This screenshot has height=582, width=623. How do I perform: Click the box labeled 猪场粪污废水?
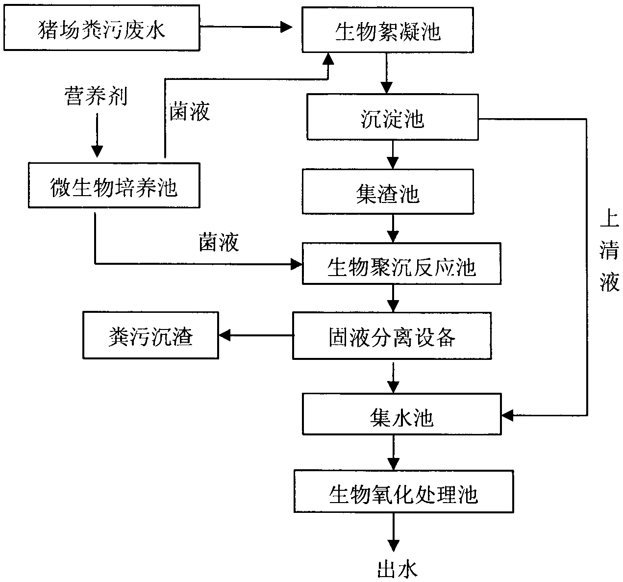pos(101,27)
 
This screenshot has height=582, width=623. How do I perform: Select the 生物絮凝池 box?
pos(388,30)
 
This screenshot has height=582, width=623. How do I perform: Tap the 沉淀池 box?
pos(393,117)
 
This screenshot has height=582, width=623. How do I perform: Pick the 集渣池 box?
pos(388,192)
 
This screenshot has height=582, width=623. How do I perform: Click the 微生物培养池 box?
pos(114,185)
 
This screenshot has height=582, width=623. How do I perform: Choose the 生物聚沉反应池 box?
pos(401,264)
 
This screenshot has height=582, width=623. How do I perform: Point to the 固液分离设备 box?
pos(392,335)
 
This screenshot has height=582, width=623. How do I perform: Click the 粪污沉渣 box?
pos(150,335)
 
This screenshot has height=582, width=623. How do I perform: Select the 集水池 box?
pos(402,414)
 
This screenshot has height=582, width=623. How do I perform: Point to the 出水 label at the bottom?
pos(397,569)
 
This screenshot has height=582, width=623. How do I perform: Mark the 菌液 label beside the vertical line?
pos(190,112)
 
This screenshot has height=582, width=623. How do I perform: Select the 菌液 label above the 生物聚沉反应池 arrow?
pos(219,242)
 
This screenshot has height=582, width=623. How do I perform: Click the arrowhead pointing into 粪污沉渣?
pos(224,335)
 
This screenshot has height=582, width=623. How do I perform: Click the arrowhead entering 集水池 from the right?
pos(507,415)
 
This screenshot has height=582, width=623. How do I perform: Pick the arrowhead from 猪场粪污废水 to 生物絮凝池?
pos(286,27)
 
